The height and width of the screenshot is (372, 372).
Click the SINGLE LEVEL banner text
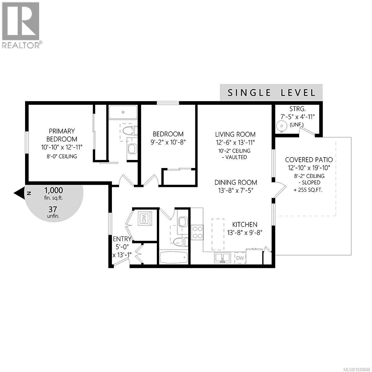(x=272, y=93)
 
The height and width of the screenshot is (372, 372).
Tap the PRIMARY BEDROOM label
(x=62, y=135)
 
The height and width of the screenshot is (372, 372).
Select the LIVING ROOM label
(x=235, y=134)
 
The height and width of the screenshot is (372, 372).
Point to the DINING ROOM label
(x=236, y=182)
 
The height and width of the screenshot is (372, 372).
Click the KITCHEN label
(x=245, y=224)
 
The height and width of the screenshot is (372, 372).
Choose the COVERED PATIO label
(x=309, y=160)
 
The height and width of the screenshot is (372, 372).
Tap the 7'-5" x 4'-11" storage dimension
(x=298, y=117)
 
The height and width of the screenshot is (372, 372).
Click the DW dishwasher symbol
(x=240, y=258)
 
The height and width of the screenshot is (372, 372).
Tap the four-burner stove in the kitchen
(x=197, y=232)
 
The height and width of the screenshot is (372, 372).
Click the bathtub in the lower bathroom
(x=174, y=257)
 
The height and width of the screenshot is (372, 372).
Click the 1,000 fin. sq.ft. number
(x=54, y=190)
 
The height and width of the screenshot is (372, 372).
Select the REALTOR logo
(x=21, y=25)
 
